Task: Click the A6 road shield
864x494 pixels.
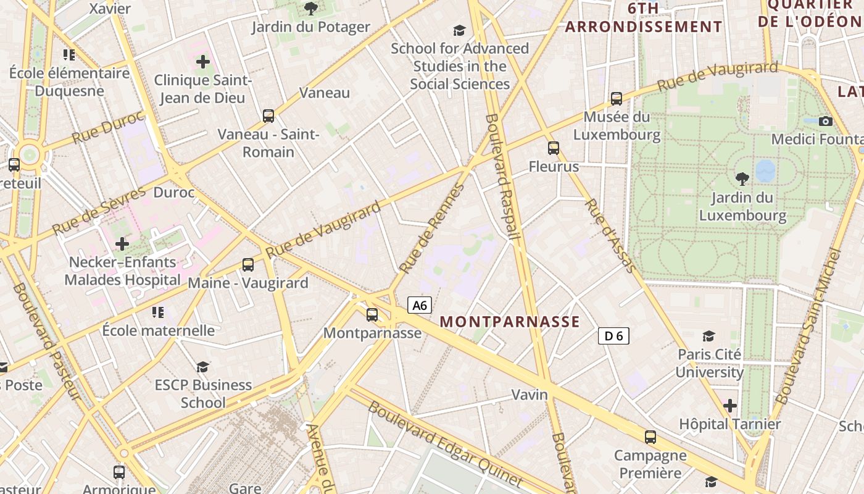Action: click(x=419, y=305)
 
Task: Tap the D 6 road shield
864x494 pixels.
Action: click(x=613, y=336)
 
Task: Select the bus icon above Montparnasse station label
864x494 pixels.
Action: click(x=372, y=315)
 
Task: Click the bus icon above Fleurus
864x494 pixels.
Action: click(x=554, y=148)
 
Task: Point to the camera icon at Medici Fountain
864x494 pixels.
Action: click(x=825, y=121)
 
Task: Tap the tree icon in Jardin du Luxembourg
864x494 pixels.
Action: click(x=742, y=179)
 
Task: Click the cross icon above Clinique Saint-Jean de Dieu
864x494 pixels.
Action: click(x=203, y=62)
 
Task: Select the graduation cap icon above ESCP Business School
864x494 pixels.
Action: click(x=203, y=367)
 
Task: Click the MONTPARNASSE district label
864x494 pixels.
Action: click(x=510, y=322)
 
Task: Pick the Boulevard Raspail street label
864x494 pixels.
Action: click(x=501, y=176)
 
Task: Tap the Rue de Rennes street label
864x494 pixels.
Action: click(x=431, y=228)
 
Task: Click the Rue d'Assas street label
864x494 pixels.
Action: click(x=609, y=235)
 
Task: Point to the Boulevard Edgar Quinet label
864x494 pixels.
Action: click(x=444, y=443)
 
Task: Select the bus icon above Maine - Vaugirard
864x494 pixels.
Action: click(x=248, y=265)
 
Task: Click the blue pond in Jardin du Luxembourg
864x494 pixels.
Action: click(x=765, y=171)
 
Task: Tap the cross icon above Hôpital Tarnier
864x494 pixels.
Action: click(x=730, y=406)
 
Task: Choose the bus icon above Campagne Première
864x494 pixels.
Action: click(x=650, y=437)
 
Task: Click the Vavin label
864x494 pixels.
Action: click(x=530, y=395)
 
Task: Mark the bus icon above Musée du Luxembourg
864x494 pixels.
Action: click(x=616, y=99)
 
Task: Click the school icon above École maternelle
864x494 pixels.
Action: click(x=158, y=312)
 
